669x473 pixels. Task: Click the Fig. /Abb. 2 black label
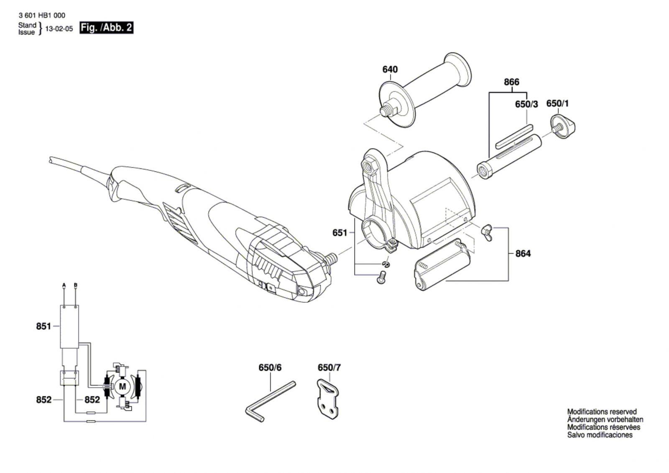tap(106, 28)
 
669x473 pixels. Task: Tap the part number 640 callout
tap(390, 69)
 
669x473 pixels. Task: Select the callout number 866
tap(511, 82)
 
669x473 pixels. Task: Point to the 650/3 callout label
tap(526, 104)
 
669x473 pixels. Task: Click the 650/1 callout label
tap(557, 103)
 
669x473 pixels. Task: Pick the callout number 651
tap(340, 232)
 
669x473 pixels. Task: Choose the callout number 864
tap(523, 254)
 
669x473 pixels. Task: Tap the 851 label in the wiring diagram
tap(43, 326)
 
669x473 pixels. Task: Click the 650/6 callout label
tap(270, 368)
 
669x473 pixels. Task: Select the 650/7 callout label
tap(329, 368)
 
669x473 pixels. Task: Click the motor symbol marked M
tap(123, 386)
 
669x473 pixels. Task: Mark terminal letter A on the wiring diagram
tap(64, 285)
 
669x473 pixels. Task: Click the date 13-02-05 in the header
tap(59, 29)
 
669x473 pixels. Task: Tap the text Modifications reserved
tap(602, 412)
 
